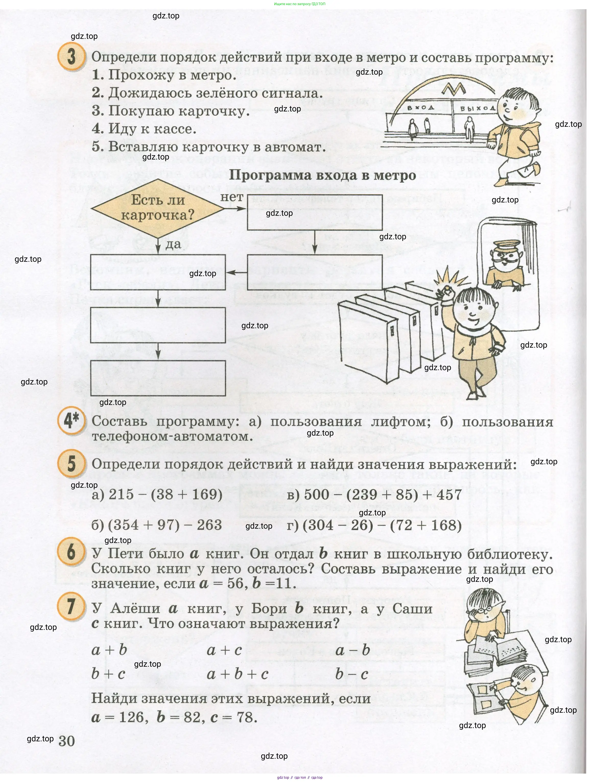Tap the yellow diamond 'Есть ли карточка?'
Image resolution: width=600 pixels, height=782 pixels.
(158, 208)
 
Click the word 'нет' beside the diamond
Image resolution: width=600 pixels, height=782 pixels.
(232, 197)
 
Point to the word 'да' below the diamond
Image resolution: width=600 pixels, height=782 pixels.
(173, 244)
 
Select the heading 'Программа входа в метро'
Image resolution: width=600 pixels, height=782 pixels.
(322, 175)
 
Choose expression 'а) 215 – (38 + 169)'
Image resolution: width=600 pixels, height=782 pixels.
(157, 495)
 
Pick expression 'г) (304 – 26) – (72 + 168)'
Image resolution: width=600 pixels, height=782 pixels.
(374, 525)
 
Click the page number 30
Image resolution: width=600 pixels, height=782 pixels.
(67, 741)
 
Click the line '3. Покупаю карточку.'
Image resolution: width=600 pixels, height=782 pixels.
(171, 111)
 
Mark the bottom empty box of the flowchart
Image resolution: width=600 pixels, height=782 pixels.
(158, 378)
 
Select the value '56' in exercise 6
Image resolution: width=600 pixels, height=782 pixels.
(235, 584)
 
